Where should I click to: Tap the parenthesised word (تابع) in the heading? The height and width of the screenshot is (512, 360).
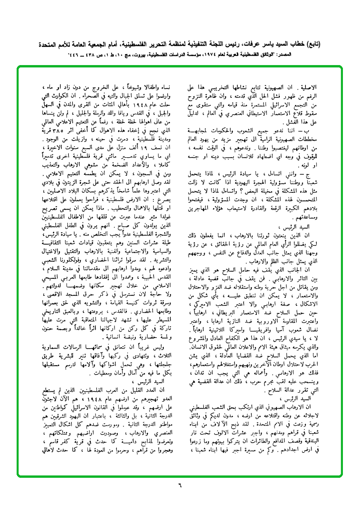coord(313,44)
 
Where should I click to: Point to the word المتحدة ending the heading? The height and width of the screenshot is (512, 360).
coord(51,44)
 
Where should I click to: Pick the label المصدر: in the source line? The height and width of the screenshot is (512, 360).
coord(312,55)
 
